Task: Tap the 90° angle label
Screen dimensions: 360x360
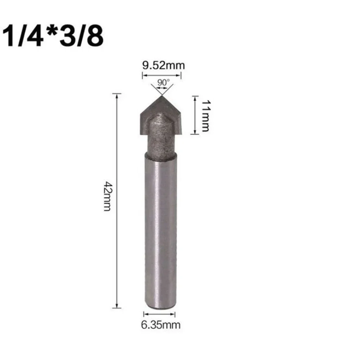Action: [x=162, y=82]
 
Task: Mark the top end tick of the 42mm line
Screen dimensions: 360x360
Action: [x=117, y=94]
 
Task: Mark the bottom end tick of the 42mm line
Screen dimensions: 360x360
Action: [x=117, y=307]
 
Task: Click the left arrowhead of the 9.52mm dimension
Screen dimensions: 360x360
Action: [x=144, y=75]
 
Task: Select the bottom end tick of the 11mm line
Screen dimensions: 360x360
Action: [x=195, y=134]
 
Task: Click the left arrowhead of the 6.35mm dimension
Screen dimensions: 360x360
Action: [x=145, y=314]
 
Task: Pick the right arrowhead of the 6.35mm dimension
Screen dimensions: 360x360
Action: [x=175, y=314]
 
